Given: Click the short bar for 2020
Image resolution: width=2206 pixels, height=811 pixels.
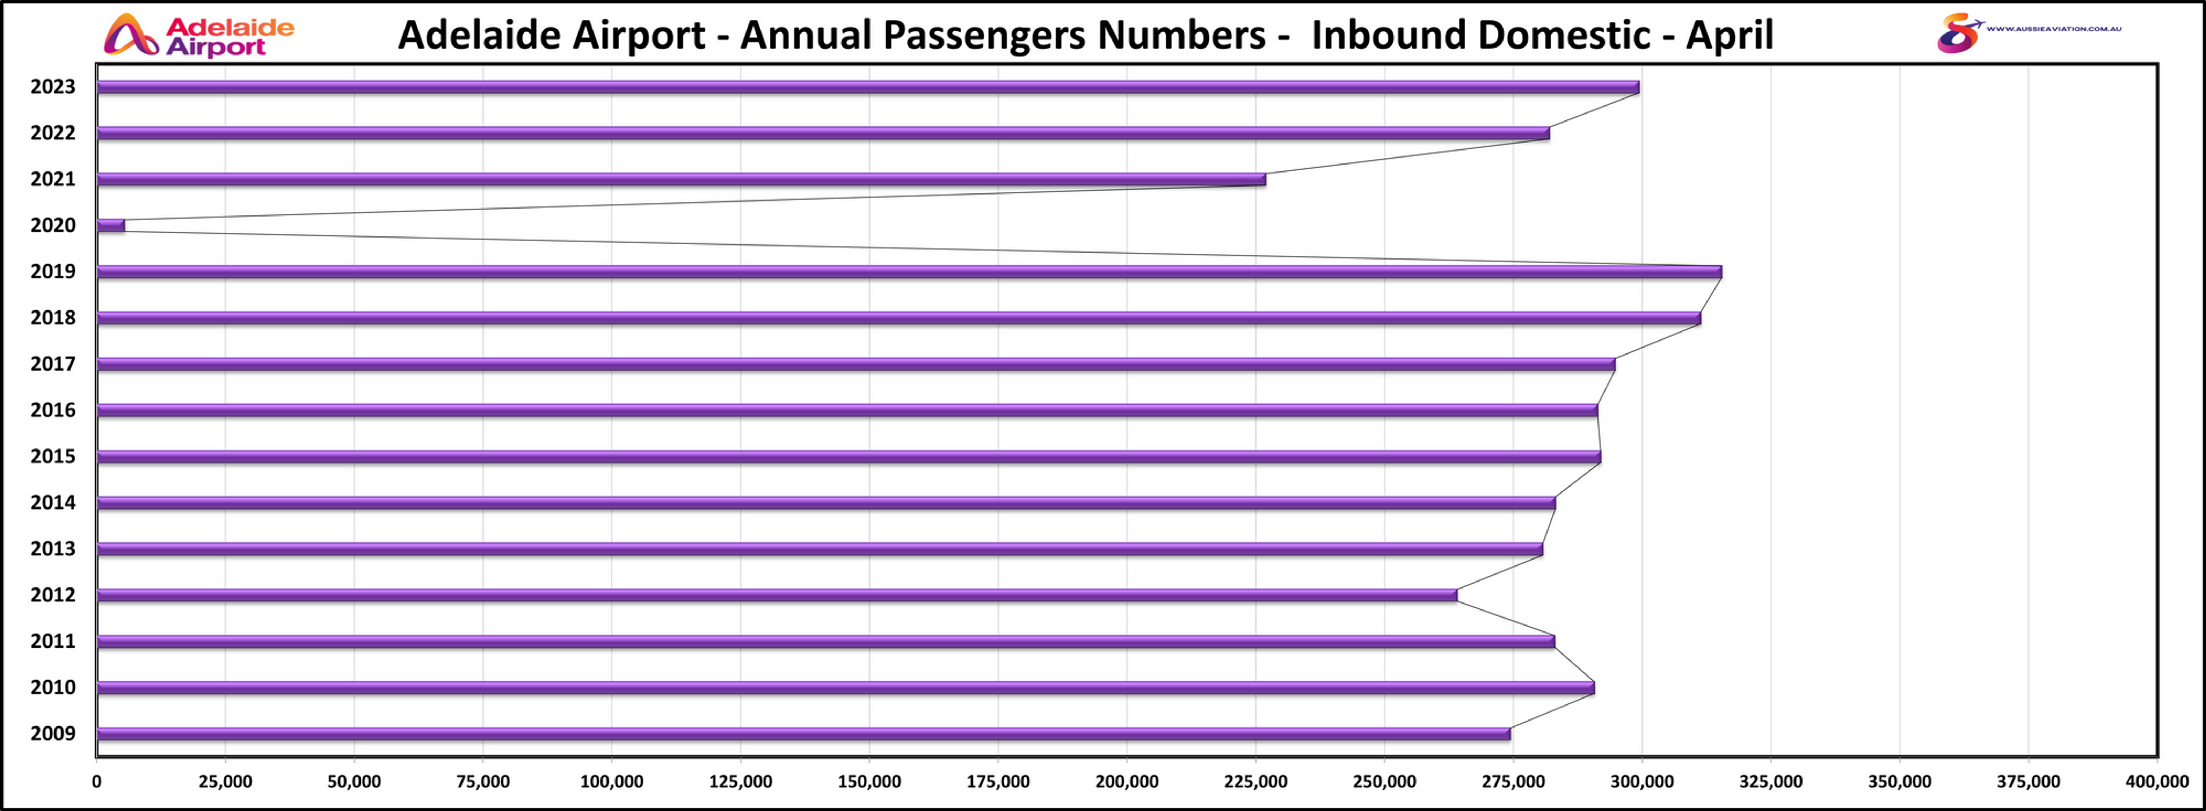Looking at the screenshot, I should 110,225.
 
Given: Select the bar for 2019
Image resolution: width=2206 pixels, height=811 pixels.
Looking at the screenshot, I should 908,271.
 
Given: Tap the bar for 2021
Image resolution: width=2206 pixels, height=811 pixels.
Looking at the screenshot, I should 681,179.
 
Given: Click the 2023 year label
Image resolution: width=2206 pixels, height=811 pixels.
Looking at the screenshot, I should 53,87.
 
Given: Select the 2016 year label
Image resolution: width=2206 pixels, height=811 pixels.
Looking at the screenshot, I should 53,410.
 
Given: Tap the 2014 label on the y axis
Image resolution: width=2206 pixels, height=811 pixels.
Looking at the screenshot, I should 53,503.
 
